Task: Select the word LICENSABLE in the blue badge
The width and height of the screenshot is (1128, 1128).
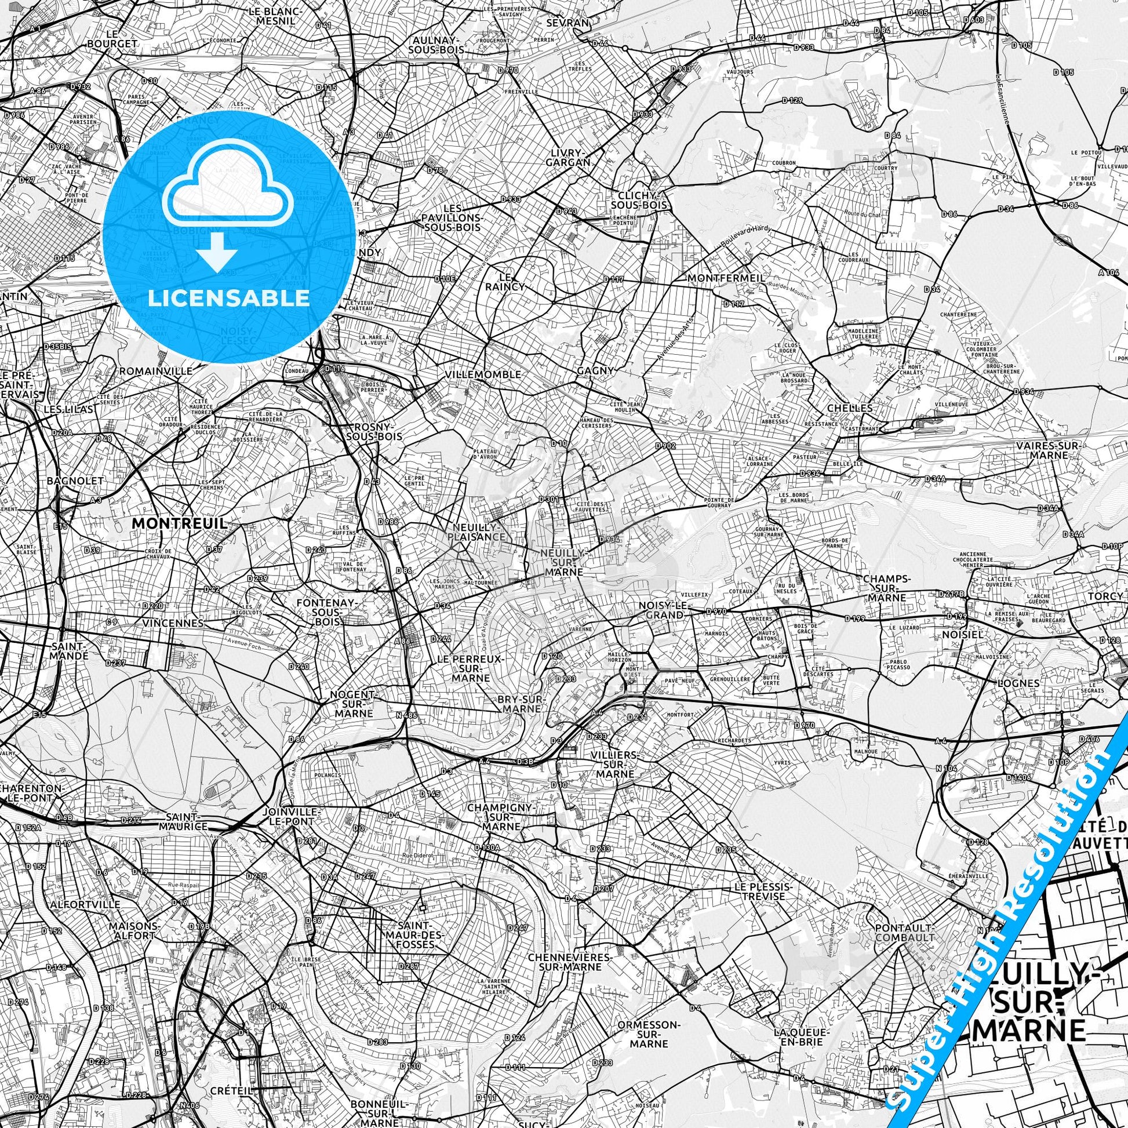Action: [229, 298]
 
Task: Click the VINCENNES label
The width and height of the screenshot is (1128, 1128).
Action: [173, 623]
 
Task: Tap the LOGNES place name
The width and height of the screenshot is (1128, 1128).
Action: [1002, 683]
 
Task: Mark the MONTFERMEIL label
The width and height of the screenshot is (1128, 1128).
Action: [726, 278]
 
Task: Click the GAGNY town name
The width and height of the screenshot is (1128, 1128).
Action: [595, 370]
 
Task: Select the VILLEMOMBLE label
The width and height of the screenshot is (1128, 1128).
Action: [482, 374]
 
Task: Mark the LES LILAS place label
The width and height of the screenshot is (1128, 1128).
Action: [68, 409]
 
